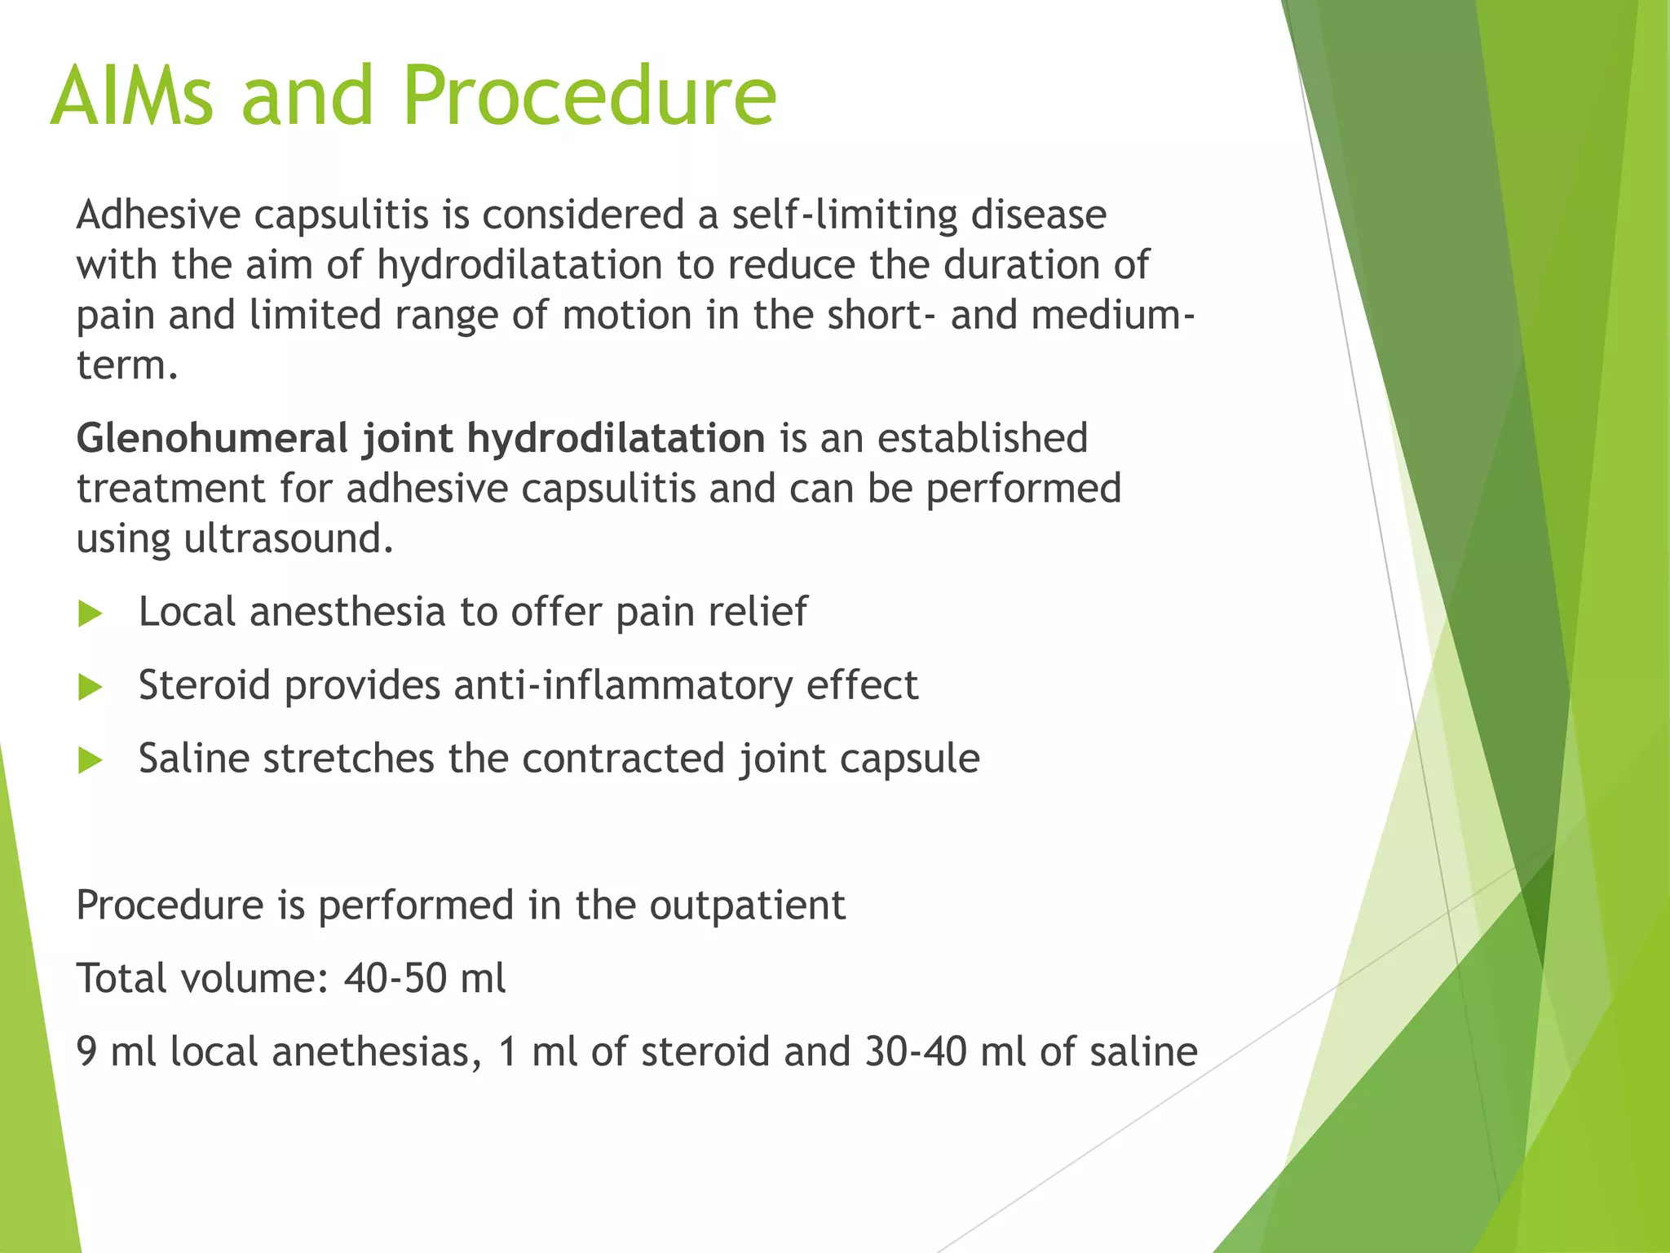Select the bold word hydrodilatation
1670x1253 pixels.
click(616, 438)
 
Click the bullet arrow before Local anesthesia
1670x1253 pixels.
click(91, 613)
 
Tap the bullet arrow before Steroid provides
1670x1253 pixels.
click(91, 687)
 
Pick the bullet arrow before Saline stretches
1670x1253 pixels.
click(91, 760)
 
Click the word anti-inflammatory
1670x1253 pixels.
click(623, 685)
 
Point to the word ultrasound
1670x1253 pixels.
click(288, 538)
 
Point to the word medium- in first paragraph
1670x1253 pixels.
click(1113, 315)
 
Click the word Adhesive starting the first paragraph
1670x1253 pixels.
click(159, 215)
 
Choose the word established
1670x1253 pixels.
click(983, 438)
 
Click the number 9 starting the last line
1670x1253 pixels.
click(86, 1052)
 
